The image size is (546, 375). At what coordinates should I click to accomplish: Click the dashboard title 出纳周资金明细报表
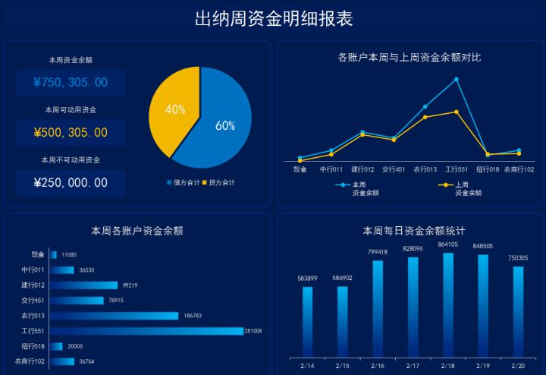point(273,19)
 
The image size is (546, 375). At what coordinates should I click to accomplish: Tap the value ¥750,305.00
point(71,83)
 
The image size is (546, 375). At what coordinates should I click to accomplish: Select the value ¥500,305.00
point(71,133)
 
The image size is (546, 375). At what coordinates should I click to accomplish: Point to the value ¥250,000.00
point(71,183)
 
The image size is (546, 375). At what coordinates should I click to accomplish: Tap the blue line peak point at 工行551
point(456,79)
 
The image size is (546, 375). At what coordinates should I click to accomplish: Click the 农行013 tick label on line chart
point(425,169)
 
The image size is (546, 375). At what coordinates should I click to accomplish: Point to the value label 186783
point(193,316)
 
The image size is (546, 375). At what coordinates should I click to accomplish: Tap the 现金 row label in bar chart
point(38,255)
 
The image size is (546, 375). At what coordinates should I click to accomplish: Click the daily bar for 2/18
point(448,304)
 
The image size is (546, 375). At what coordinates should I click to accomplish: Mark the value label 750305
point(518,258)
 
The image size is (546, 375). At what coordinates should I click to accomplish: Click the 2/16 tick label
point(378,366)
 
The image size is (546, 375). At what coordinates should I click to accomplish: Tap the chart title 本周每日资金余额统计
point(413,230)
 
